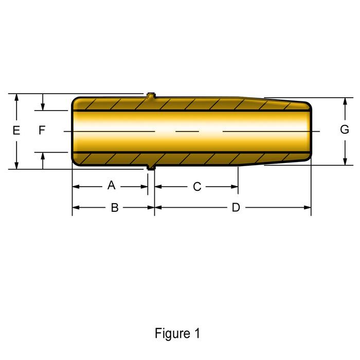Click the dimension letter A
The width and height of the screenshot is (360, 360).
(112, 185)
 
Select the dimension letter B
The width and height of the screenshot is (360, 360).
(115, 207)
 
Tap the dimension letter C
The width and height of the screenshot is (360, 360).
(197, 187)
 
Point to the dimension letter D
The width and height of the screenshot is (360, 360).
(236, 207)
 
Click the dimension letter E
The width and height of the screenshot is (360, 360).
(16, 131)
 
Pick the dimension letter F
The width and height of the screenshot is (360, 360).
(42, 131)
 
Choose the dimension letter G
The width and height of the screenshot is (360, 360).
(345, 130)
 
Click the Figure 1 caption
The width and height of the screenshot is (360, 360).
(177, 333)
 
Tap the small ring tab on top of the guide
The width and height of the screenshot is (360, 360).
(150, 95)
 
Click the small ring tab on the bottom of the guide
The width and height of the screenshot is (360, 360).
(150, 167)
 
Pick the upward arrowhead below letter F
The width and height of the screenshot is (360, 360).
(43, 156)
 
